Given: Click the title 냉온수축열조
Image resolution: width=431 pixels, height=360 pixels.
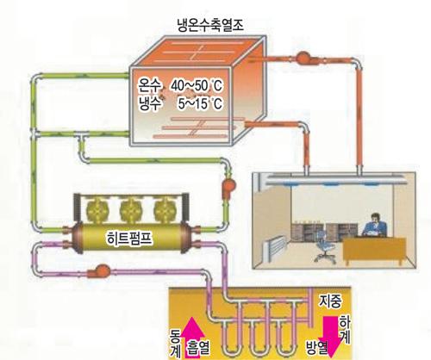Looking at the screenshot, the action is (210, 24).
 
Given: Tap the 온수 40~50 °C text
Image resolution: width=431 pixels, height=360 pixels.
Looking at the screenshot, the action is (180, 85).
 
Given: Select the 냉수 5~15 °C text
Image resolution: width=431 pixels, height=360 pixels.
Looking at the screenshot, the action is (180, 103).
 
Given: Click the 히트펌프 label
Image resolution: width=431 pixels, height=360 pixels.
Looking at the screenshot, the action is (129, 239).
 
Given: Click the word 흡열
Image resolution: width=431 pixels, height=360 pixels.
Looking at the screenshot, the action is (198, 348).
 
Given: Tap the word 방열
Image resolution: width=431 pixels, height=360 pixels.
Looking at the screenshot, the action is (316, 348).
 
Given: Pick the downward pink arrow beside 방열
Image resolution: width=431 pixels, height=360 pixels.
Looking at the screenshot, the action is (330, 337).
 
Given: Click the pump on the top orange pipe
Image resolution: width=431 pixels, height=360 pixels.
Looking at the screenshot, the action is (304, 58).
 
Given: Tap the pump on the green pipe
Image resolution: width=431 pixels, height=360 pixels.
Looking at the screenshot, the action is (228, 188).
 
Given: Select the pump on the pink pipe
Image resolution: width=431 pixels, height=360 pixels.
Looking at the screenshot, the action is (99, 271).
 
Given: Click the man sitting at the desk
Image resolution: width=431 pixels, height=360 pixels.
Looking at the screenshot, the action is (374, 225).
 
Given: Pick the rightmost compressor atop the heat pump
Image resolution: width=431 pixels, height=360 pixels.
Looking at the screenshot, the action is (165, 210).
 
